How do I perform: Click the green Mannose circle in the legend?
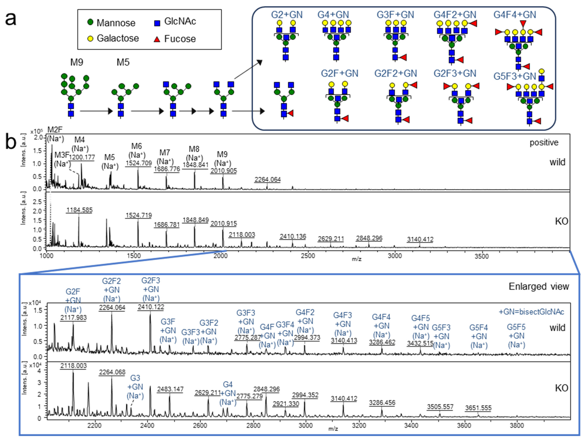90,22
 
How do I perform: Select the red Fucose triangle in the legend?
157,39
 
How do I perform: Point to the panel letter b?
11,143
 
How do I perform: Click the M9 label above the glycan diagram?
77,62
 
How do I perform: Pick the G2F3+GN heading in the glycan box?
455,73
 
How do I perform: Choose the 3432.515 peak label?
420,343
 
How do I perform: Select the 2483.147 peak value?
170,389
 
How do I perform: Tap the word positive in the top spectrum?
544,143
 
